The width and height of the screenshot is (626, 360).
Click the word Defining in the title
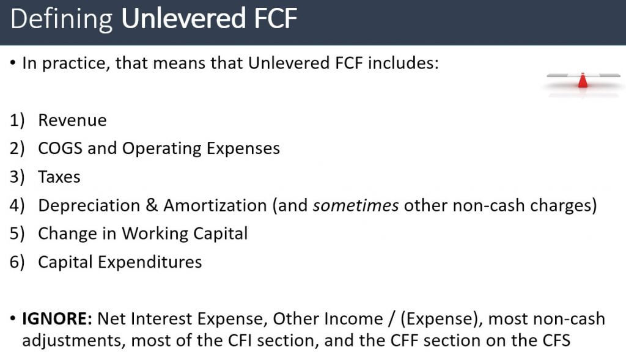coord(61,20)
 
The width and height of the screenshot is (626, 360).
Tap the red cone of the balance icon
coord(583,80)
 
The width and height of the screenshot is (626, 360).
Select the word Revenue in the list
coord(72,120)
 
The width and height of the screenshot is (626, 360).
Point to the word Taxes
coord(59,177)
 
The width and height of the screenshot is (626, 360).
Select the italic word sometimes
coord(355,205)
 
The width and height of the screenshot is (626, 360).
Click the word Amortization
coord(215,205)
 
